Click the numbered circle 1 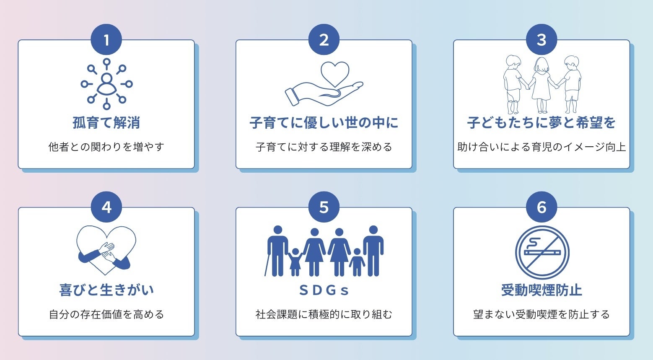coord(106,40)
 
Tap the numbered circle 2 coord(324,40)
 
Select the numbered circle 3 coord(542,40)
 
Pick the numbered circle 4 coord(106,207)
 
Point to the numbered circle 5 coord(324,207)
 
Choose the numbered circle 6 coord(542,207)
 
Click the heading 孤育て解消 coord(106,123)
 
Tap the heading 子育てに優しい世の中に coord(324,123)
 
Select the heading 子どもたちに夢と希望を coord(542,123)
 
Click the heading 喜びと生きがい coord(106,290)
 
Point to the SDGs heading coord(324,290)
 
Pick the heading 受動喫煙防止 coord(542,290)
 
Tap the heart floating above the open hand coord(335,73)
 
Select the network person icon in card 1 coord(106,84)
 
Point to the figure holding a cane coord(277,251)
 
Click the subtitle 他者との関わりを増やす coord(106,147)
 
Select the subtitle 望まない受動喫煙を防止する coord(542,314)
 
